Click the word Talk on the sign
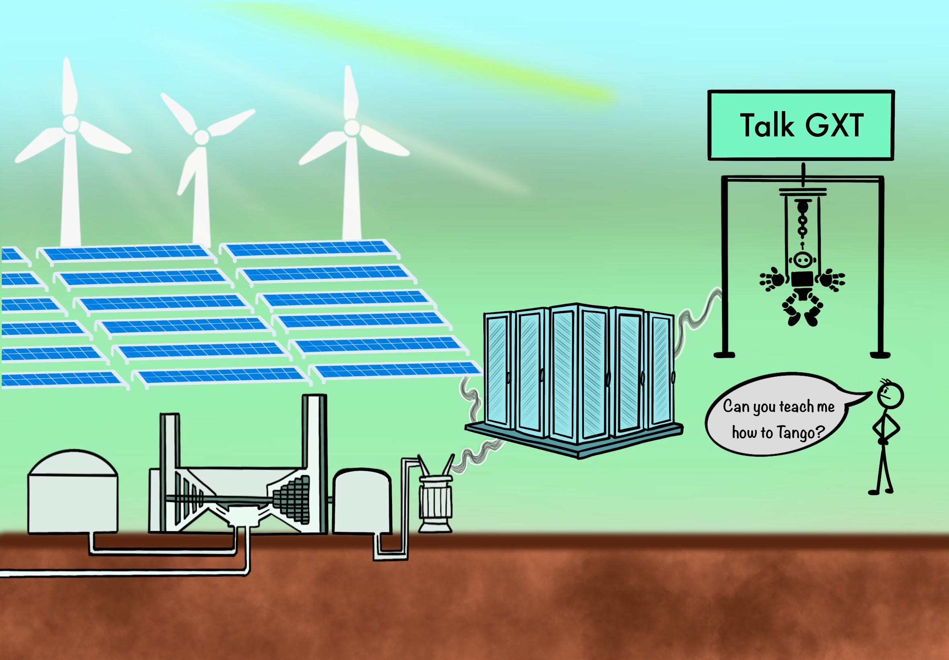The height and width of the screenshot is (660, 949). [766, 125]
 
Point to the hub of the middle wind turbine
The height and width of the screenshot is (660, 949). [201, 136]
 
